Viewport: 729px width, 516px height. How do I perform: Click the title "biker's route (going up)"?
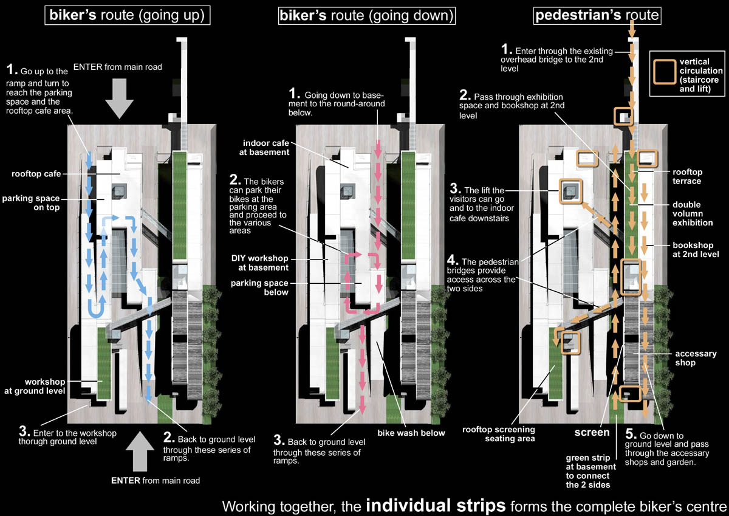[127, 15]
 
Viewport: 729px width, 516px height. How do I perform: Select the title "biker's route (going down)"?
[367, 16]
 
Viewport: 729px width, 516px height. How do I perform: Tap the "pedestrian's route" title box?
[597, 16]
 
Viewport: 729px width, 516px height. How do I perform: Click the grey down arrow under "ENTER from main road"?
[120, 98]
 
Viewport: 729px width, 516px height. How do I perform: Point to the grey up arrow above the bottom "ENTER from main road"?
[140, 451]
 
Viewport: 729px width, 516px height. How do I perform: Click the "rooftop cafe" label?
[36, 174]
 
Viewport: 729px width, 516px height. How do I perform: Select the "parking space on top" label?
[31, 203]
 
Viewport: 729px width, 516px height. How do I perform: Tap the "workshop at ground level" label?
[35, 386]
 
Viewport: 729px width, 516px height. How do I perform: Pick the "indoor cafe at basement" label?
[264, 148]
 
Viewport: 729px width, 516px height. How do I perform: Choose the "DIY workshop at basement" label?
[260, 263]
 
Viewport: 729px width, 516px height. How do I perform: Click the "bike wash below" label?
[411, 433]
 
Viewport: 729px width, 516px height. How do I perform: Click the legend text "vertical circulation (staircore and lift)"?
[701, 75]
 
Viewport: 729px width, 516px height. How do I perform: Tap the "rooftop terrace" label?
[687, 176]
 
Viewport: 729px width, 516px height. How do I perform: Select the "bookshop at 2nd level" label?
[696, 250]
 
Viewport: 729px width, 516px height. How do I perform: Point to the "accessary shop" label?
[696, 358]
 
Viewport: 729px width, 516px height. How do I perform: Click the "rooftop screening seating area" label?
[499, 434]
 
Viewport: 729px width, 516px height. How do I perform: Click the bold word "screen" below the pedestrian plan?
[592, 432]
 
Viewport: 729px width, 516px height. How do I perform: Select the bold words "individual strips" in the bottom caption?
[436, 505]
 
